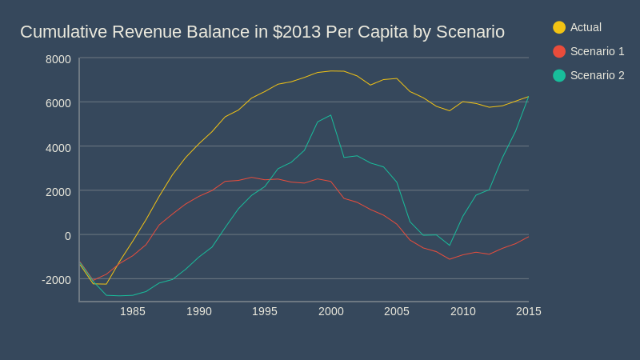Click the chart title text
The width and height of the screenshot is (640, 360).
pyautogui.click(x=262, y=32)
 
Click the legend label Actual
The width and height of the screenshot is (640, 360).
pyautogui.click(x=586, y=27)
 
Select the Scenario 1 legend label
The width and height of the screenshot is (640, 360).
pyautogui.click(x=597, y=51)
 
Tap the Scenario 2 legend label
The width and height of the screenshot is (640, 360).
pyautogui.click(x=597, y=75)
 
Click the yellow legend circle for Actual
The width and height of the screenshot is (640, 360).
pyautogui.click(x=559, y=27)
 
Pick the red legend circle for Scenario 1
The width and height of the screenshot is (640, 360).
pyautogui.click(x=559, y=51)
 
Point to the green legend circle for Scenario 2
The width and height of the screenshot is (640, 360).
pyautogui.click(x=559, y=75)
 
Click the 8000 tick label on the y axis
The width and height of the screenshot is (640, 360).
pyautogui.click(x=58, y=59)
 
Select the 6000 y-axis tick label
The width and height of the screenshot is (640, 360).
pyautogui.click(x=58, y=103)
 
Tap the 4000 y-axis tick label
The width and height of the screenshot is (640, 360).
pyautogui.click(x=58, y=147)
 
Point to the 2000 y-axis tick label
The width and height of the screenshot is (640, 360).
pyautogui.click(x=58, y=191)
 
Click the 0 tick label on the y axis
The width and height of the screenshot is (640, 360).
pyautogui.click(x=67, y=235)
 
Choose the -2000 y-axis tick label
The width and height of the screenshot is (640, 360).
pyautogui.click(x=56, y=280)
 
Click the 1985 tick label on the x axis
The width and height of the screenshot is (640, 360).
pyautogui.click(x=133, y=311)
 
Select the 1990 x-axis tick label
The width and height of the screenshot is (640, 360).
pyautogui.click(x=198, y=311)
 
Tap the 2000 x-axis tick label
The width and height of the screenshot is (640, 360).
pyautogui.click(x=330, y=311)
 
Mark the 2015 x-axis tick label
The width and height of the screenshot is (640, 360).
pyautogui.click(x=528, y=311)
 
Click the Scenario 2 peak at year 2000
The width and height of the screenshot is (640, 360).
pyautogui.click(x=330, y=115)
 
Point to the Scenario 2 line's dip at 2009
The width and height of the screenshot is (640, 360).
pyautogui.click(x=450, y=246)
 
